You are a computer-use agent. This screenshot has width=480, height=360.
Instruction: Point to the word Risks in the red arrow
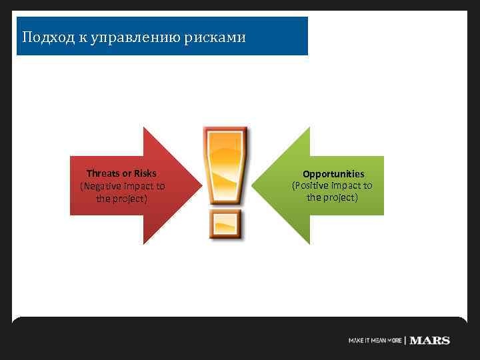tap(145, 173)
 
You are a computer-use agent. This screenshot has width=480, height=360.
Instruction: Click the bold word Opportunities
tap(333, 174)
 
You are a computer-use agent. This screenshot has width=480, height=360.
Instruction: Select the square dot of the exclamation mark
tap(225, 225)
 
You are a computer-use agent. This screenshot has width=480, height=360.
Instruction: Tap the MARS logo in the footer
tap(429, 341)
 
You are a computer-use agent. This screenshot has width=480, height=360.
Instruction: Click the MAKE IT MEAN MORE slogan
tap(375, 341)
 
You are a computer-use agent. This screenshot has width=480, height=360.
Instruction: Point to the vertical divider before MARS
tap(405, 341)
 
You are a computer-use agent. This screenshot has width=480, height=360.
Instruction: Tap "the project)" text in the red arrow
tap(121, 199)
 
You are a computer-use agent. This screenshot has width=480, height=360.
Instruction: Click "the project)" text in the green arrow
tap(332, 198)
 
